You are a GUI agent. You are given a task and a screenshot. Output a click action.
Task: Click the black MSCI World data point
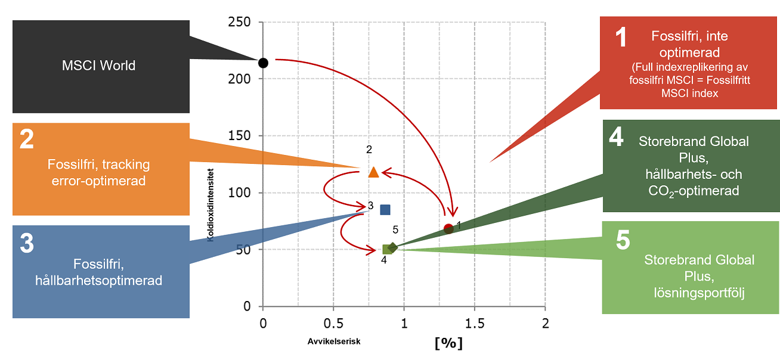click(x=263, y=63)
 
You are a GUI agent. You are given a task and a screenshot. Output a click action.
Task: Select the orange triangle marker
click(x=374, y=172)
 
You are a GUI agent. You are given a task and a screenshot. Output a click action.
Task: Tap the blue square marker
click(x=385, y=210)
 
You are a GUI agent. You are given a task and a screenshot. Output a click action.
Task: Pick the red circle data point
click(x=448, y=228)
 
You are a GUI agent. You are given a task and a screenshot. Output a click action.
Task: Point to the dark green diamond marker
click(x=392, y=247)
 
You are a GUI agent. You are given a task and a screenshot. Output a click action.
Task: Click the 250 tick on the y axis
click(x=239, y=22)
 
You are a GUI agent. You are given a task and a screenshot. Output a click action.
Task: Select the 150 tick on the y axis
click(x=239, y=136)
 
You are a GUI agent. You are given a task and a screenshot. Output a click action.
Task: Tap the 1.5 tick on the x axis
click(x=474, y=324)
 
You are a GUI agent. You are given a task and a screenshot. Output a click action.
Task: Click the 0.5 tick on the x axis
click(x=333, y=324)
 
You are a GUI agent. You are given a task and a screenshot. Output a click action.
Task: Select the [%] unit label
click(x=449, y=343)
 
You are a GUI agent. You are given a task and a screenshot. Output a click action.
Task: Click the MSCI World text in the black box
click(x=99, y=66)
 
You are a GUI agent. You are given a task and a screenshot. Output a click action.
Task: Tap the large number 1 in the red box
click(x=621, y=38)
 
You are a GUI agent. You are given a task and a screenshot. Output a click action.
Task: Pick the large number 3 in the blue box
click(x=27, y=243)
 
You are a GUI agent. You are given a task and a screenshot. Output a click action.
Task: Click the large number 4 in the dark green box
click(x=617, y=137)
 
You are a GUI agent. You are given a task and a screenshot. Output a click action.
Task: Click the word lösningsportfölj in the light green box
click(x=699, y=292)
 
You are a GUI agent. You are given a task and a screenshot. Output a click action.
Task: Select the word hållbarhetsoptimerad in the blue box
click(x=99, y=280)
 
